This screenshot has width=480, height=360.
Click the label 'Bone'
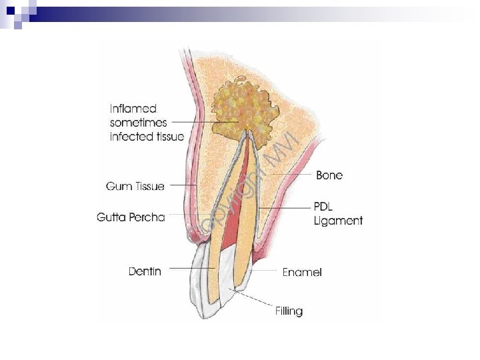[x=329, y=175]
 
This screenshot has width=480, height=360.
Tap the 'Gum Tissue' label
[x=135, y=187]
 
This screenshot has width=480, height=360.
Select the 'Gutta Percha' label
[x=131, y=217]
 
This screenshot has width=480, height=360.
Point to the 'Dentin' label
[x=145, y=271]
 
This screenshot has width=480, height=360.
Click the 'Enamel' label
[x=302, y=272]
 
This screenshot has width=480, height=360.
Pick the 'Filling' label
[x=289, y=311]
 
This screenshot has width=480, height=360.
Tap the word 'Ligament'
[x=338, y=220]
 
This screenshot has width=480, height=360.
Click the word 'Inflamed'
[x=133, y=109]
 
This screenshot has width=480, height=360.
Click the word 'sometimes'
[x=139, y=123]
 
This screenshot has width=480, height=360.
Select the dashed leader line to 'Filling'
[x=254, y=301]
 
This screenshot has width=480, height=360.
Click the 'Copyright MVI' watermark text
[x=240, y=187]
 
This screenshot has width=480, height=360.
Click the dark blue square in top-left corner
[x=11, y=9]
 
